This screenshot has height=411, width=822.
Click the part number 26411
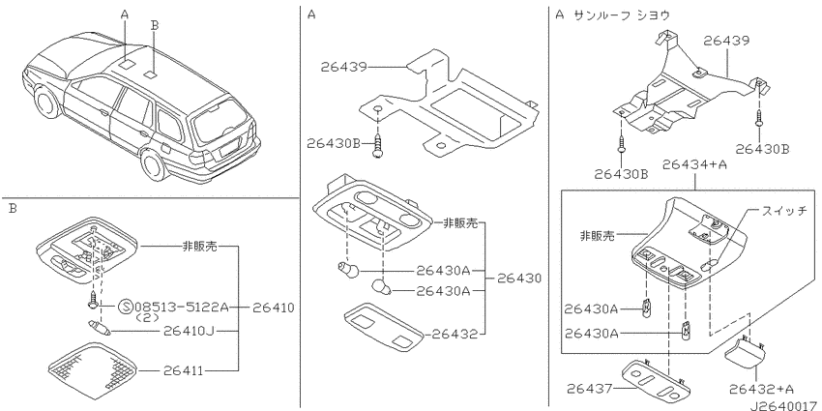(x=183, y=370)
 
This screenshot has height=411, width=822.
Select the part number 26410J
(x=187, y=331)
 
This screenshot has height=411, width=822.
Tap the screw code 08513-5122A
(x=182, y=307)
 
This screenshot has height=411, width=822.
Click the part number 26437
(x=589, y=389)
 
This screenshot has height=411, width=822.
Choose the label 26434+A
(x=694, y=164)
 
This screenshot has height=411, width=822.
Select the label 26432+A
(x=761, y=389)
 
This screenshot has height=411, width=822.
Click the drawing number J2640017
(x=784, y=404)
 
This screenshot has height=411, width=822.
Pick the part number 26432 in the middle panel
(x=455, y=334)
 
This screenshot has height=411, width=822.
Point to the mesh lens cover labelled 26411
(x=93, y=369)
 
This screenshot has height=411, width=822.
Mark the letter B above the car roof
(x=154, y=23)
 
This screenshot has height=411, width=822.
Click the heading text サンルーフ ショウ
(x=622, y=15)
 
